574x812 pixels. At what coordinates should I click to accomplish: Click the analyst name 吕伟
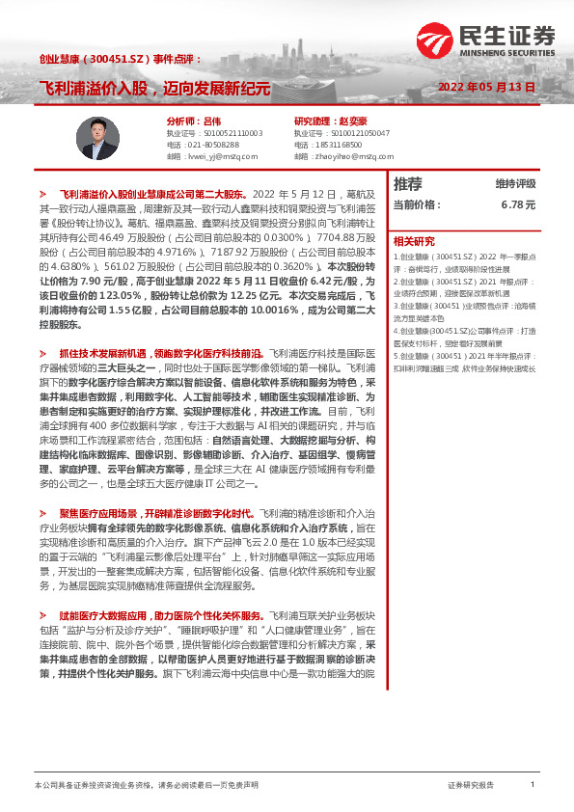tap(194, 121)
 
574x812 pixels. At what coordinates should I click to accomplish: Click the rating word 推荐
tap(408, 184)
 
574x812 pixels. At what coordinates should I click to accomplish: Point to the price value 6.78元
tap(518, 204)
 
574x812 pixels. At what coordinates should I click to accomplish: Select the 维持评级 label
tap(515, 184)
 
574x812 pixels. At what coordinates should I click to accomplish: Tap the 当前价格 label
tap(417, 204)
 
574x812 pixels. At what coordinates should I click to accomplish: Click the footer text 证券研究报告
tap(470, 785)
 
